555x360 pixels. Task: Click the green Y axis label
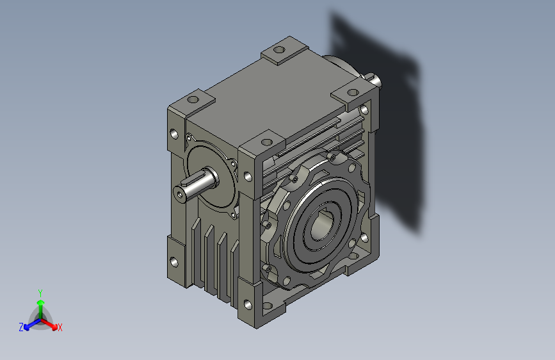click(40, 293)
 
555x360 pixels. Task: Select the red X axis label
click(60, 327)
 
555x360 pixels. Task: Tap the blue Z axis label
click(21, 327)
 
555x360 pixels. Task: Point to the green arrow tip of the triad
click(41, 302)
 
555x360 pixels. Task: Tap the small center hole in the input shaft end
click(180, 194)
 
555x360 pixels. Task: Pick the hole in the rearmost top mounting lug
click(279, 49)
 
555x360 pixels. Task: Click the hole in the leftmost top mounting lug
click(193, 99)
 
